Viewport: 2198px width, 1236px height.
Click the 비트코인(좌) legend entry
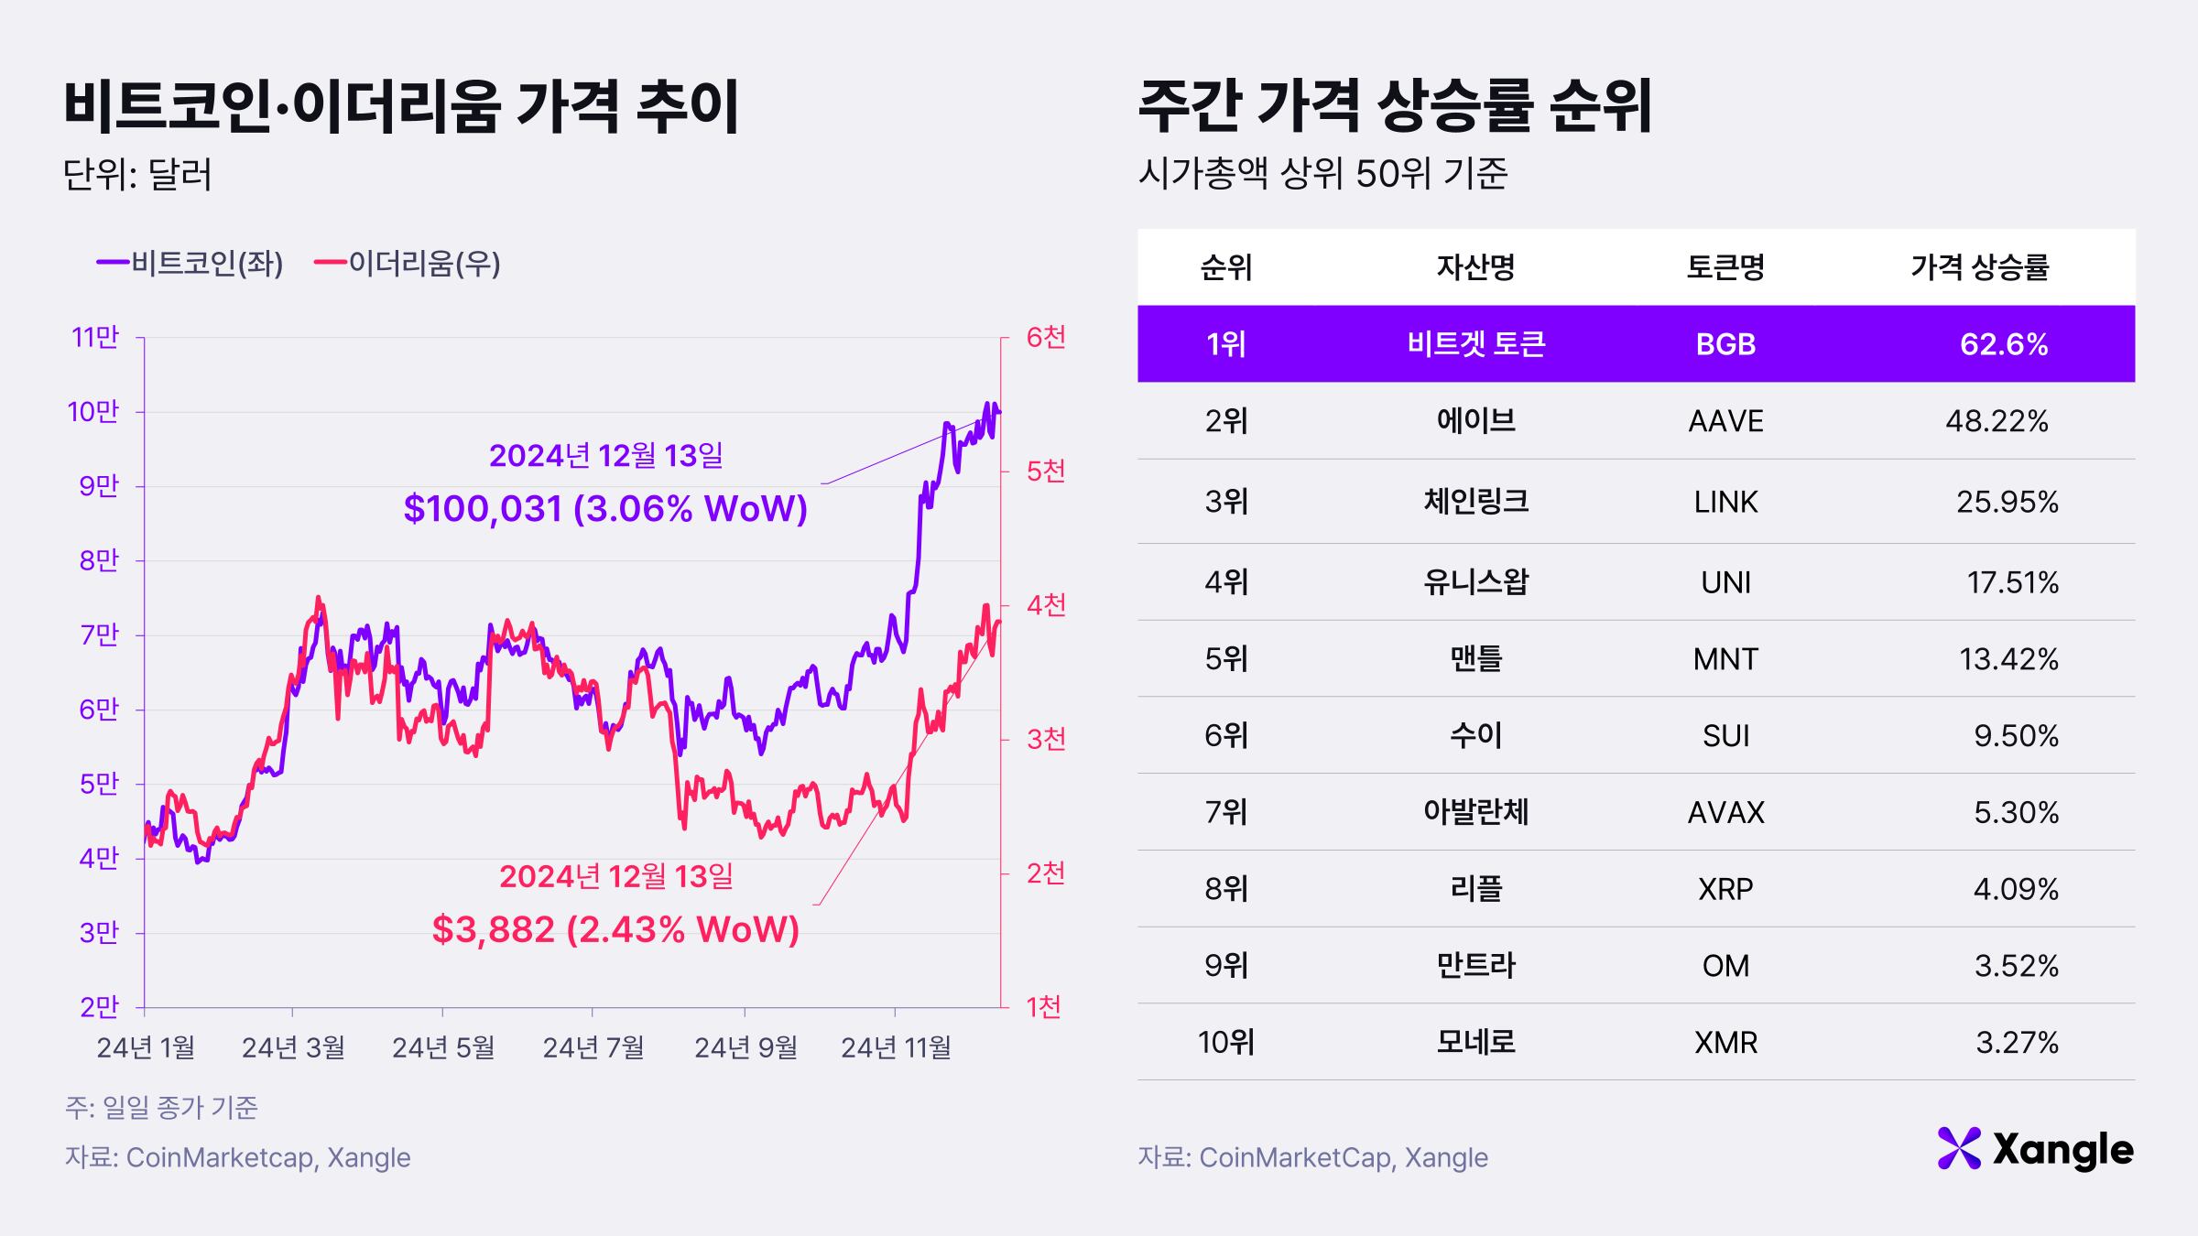click(190, 264)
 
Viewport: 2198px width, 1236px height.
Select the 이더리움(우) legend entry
click(408, 264)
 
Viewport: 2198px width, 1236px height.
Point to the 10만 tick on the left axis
click(93, 412)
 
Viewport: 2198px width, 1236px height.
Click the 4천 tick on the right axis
click(1046, 605)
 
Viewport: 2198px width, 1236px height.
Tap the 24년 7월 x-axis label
click(593, 1046)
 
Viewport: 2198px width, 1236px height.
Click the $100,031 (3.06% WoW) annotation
click(605, 509)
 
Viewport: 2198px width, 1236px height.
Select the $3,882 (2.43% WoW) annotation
click(615, 930)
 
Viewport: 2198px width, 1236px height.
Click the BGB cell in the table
click(1725, 344)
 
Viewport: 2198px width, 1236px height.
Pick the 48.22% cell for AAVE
click(1997, 421)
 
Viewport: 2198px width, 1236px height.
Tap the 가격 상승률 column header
click(1979, 267)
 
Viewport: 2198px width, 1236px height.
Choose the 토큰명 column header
click(1725, 267)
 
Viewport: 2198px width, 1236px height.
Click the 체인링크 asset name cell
click(1475, 502)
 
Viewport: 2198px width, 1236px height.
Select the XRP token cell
click(1725, 889)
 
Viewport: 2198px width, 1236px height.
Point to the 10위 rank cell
click(1225, 1043)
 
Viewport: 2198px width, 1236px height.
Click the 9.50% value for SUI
click(2016, 736)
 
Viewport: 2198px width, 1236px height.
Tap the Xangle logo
click(2035, 1150)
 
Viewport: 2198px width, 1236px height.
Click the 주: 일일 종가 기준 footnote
click(161, 1108)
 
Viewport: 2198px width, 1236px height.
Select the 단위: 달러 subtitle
click(137, 174)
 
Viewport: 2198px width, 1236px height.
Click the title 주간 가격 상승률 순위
click(1395, 107)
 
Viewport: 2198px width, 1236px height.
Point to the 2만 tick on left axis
click(99, 1007)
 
